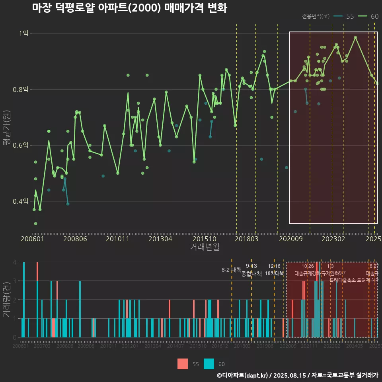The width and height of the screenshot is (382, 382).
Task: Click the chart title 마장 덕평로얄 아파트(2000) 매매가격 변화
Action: click(x=129, y=8)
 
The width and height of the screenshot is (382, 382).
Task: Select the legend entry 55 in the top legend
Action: click(x=350, y=16)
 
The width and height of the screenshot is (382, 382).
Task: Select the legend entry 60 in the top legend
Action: click(x=374, y=16)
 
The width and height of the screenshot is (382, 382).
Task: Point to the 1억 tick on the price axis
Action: click(x=23, y=33)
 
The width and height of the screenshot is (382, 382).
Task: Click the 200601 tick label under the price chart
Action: click(x=32, y=239)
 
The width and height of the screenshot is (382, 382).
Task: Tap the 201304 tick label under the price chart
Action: click(x=160, y=239)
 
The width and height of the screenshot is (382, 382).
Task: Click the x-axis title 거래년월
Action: click(x=205, y=247)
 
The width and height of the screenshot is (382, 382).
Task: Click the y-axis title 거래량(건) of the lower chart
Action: click(x=6, y=300)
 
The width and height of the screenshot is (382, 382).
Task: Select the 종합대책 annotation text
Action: click(x=251, y=274)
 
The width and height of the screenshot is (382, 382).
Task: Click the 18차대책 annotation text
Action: click(x=274, y=273)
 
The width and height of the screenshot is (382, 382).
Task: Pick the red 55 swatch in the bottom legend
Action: click(x=183, y=364)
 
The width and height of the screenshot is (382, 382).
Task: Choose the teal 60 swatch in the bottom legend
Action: click(x=209, y=364)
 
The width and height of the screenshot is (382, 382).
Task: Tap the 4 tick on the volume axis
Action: click(x=14, y=262)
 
